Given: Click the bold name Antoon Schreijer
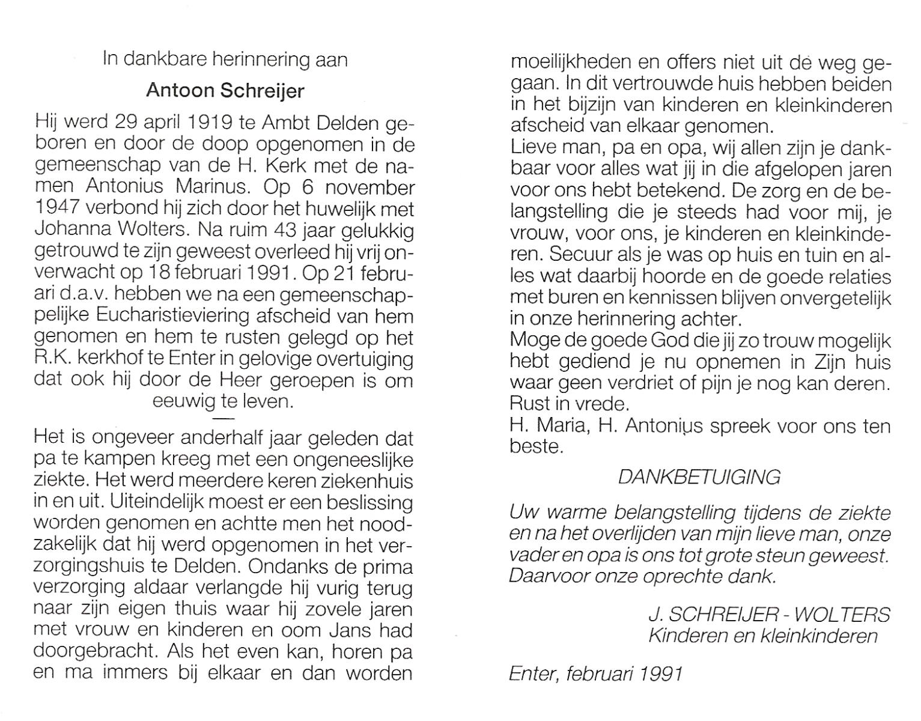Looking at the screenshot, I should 225,91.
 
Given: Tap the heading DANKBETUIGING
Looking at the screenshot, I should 699,477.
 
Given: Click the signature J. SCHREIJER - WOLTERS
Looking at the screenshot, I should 768,615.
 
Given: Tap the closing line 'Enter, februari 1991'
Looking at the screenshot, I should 595,674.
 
